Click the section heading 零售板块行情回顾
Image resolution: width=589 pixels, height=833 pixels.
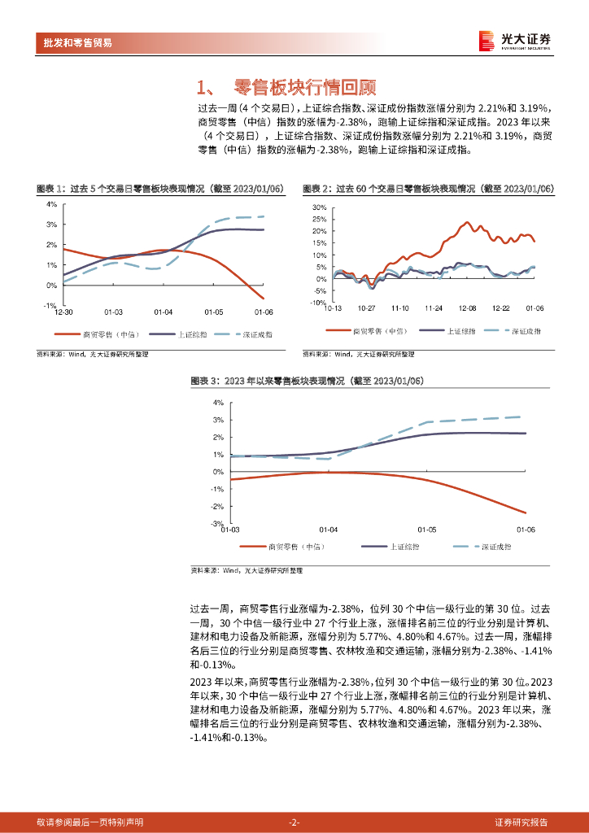point(303,87)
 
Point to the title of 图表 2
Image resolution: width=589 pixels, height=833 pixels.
point(428,189)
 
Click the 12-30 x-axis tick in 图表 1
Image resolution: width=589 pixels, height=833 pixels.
point(63,312)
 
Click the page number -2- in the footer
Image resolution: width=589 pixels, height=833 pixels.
point(294,822)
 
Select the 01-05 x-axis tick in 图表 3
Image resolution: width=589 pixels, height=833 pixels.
point(426,530)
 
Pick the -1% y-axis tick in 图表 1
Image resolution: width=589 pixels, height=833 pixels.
point(50,305)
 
